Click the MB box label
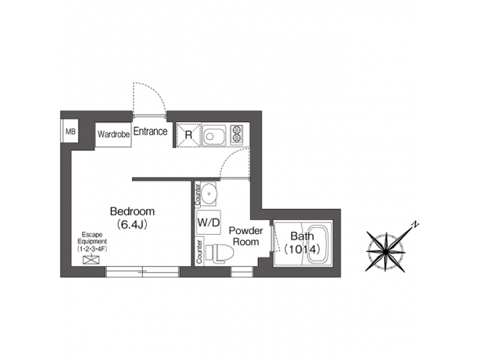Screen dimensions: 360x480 click(x=70, y=132)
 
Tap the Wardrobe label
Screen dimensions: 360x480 click(x=113, y=134)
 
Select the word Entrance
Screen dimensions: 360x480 click(x=150, y=131)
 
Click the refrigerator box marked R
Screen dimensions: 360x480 click(x=189, y=134)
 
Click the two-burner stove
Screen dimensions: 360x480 click(x=236, y=135)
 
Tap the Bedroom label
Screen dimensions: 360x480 click(x=132, y=211)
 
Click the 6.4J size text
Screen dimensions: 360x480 click(x=132, y=225)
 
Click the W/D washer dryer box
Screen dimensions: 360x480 click(x=209, y=223)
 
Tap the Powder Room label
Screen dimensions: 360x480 click(x=245, y=236)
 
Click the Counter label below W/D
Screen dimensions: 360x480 click(x=199, y=250)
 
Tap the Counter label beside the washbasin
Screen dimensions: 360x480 click(x=198, y=194)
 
